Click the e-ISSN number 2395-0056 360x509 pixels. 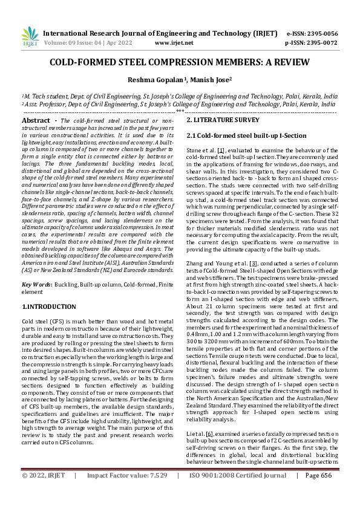[x=321, y=34]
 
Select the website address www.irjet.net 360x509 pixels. [x=174, y=44]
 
